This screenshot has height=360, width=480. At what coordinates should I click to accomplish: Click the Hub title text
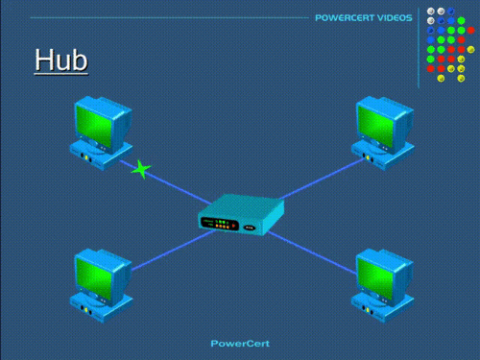(60, 60)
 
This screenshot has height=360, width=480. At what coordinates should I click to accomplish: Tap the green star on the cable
(141, 171)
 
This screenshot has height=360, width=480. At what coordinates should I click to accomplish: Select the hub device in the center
(241, 214)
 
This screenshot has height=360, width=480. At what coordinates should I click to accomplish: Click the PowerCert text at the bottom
(239, 343)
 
